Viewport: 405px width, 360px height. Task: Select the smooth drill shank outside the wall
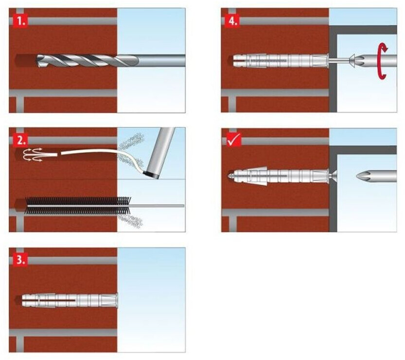160,61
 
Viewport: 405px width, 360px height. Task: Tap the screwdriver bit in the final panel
374,175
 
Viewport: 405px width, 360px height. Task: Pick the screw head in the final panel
333,175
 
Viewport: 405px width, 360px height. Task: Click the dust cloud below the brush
132,221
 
